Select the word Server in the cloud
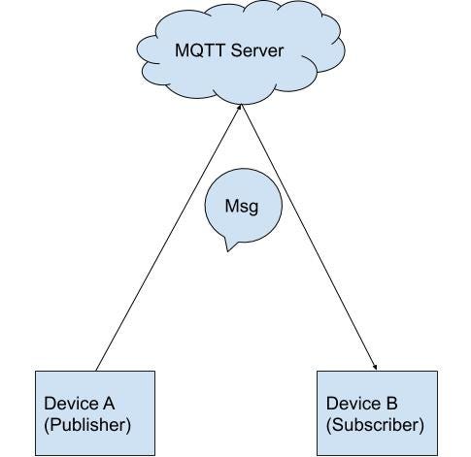click(x=256, y=49)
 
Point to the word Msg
click(x=240, y=207)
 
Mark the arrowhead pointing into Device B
click(x=375, y=366)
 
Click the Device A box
click(x=95, y=412)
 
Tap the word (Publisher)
click(x=87, y=424)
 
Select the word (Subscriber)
click(x=375, y=424)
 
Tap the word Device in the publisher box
click(x=70, y=403)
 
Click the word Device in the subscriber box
click(x=352, y=403)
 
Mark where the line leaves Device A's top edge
click(x=97, y=371)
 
